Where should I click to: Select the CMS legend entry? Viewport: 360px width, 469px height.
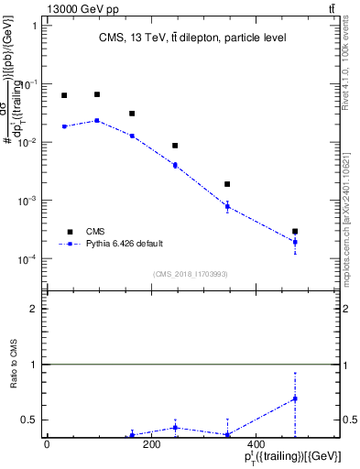[x=96, y=232]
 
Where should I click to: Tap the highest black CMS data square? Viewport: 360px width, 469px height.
[x=97, y=94]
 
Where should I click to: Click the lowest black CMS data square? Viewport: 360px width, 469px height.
[x=295, y=232]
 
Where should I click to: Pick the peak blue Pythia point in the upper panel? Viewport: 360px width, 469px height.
[x=97, y=120]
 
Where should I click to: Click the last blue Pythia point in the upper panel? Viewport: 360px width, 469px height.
[x=295, y=242]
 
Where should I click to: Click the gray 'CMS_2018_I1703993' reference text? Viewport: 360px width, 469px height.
[x=190, y=274]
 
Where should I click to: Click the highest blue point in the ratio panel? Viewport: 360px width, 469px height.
[x=295, y=398]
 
